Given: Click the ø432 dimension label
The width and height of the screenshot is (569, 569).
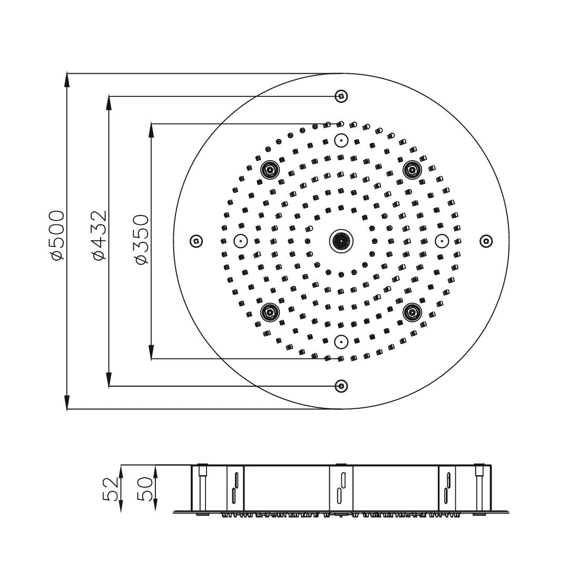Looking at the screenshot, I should pyautogui.click(x=99, y=235).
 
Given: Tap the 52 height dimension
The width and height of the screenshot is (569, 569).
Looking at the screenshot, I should pyautogui.click(x=111, y=489).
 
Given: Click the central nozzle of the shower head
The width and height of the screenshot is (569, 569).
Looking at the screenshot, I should pyautogui.click(x=341, y=241).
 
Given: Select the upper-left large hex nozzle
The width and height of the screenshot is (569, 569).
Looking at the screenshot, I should pyautogui.click(x=270, y=170).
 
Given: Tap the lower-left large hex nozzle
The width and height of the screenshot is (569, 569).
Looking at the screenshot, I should pyautogui.click(x=270, y=312).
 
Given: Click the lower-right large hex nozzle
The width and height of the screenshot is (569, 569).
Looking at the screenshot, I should pyautogui.click(x=413, y=312).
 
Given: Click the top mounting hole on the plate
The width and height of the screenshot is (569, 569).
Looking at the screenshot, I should pyautogui.click(x=341, y=96).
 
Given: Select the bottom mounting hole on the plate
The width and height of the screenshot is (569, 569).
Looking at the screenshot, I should pyautogui.click(x=341, y=386).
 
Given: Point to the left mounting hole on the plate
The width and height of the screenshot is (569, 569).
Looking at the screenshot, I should pyautogui.click(x=196, y=241).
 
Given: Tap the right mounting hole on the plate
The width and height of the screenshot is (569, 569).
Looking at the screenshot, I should pyautogui.click(x=486, y=241).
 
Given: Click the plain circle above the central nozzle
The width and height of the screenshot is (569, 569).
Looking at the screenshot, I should pyautogui.click(x=341, y=140).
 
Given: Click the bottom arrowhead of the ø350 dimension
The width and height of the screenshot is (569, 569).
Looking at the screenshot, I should pyautogui.click(x=152, y=352).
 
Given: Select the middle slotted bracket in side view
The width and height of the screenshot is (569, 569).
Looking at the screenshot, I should pyautogui.click(x=341, y=488).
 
